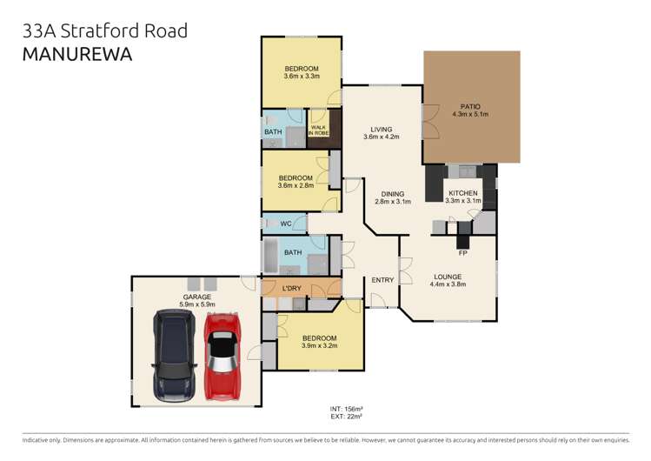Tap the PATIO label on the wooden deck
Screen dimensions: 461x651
point(470,110)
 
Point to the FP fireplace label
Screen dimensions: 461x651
point(462,253)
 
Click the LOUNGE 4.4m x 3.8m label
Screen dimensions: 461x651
point(448,280)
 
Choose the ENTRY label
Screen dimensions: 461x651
point(382,280)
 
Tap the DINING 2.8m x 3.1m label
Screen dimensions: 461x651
point(391,197)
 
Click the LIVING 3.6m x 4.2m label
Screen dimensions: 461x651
point(381,132)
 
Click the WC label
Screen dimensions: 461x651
point(286,224)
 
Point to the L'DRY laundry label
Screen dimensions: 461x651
point(292,289)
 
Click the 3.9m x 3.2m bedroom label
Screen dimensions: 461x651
point(319,342)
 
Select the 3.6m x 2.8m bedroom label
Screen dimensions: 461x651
point(296,181)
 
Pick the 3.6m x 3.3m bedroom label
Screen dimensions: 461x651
point(302,72)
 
